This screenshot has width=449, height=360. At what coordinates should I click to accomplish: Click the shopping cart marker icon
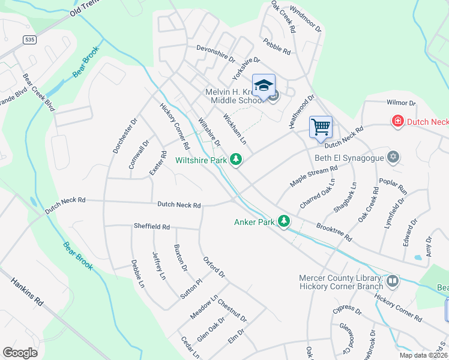321,127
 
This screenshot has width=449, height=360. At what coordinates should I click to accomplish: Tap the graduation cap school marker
264,86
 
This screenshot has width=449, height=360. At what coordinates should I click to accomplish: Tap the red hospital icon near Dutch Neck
397,122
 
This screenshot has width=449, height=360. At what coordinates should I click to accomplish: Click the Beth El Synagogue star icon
393,157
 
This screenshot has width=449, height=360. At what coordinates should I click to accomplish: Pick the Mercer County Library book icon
392,281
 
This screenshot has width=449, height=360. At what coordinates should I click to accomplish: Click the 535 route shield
29,40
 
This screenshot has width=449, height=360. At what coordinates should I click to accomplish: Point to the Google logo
20,353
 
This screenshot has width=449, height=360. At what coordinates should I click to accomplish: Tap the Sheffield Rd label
151,227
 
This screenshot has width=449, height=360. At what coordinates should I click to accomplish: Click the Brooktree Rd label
334,233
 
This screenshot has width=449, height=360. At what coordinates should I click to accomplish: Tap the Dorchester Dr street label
125,135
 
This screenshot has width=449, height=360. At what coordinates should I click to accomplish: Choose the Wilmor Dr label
401,103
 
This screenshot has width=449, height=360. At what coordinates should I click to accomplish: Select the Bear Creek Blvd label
38,92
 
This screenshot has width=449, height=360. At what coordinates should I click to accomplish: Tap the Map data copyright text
423,355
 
